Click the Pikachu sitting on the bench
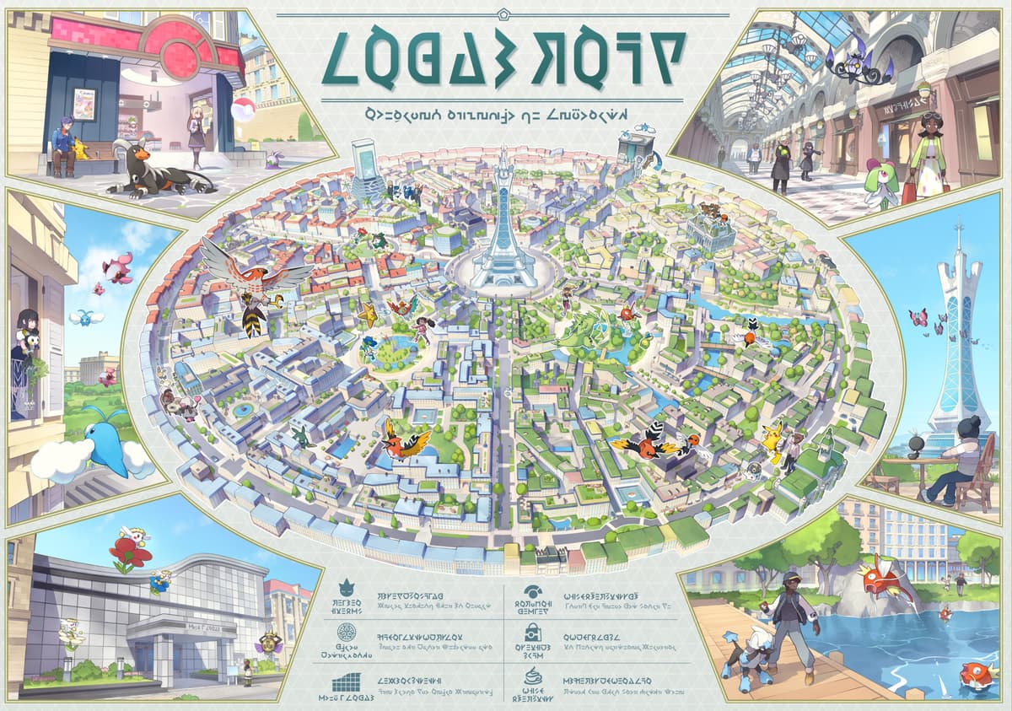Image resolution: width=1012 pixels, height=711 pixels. point(81,149)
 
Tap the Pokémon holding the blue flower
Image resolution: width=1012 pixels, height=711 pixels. point(160,581)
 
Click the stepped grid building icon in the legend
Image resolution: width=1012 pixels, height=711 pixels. point(347,682)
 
